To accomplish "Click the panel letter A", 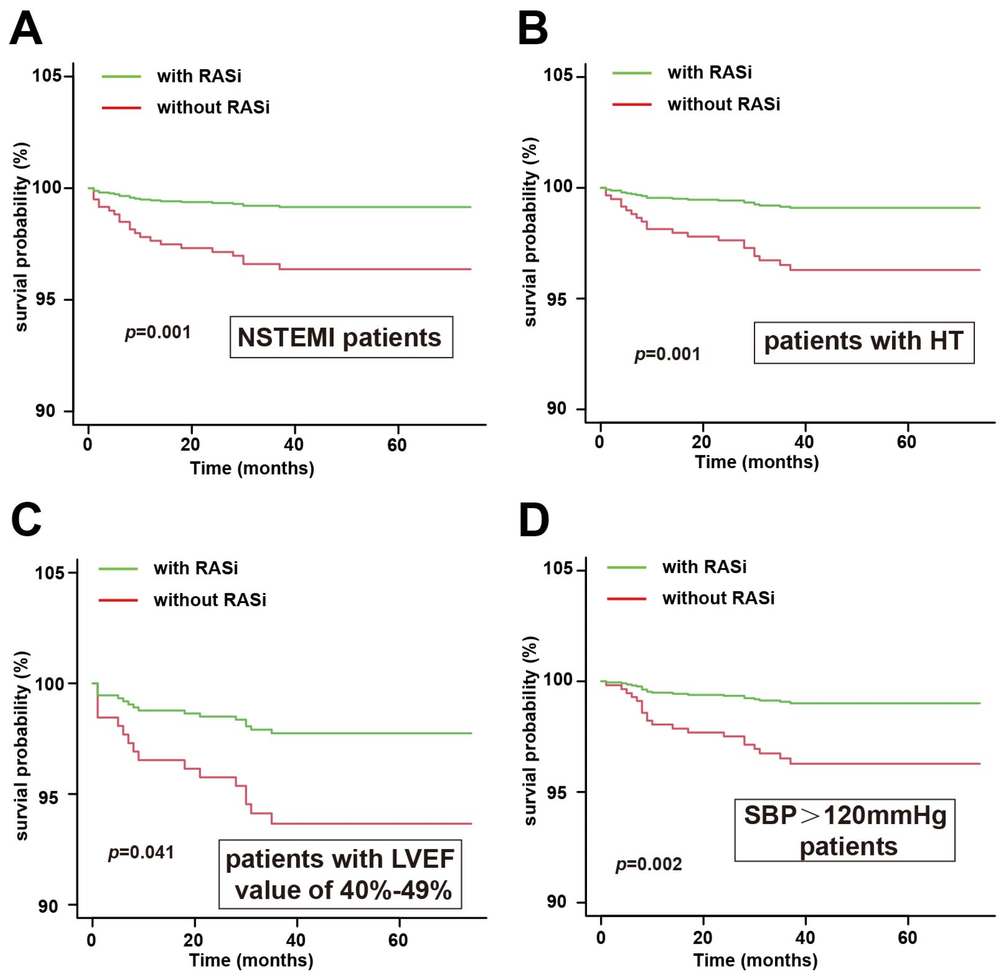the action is pyautogui.click(x=26, y=29).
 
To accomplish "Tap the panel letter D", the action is pyautogui.click(x=534, y=521).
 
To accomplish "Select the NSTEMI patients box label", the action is pyautogui.click(x=341, y=337).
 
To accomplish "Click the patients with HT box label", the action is pyautogui.click(x=863, y=343).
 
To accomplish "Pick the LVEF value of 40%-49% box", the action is pyautogui.click(x=340, y=874).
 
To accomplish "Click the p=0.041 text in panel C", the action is pyautogui.click(x=142, y=853).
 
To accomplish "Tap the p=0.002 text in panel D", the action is pyautogui.click(x=649, y=864).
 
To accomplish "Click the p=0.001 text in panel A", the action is pyautogui.click(x=158, y=332).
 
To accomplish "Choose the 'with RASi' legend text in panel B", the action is pyautogui.click(x=709, y=72).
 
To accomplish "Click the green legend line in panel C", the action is pyautogui.click(x=118, y=569).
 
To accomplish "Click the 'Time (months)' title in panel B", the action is pyautogui.click(x=757, y=462).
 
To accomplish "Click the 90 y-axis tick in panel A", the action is pyautogui.click(x=45, y=411).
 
